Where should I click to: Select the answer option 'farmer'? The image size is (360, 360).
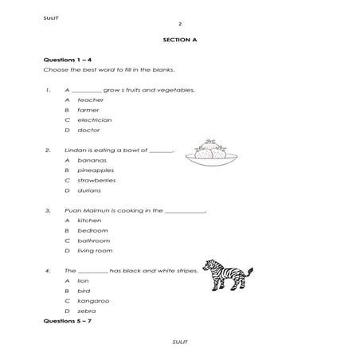(x=88, y=110)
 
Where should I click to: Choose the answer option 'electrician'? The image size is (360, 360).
(x=94, y=119)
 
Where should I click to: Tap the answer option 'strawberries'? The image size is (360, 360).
(x=96, y=180)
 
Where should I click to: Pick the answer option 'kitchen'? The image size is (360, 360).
(x=88, y=220)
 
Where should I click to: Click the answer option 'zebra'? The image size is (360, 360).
(x=87, y=311)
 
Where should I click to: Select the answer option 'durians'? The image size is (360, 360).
(x=88, y=190)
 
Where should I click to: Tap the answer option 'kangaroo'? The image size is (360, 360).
(x=93, y=300)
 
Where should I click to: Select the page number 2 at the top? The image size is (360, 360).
(x=179, y=24)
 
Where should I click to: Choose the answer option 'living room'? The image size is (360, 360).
(x=94, y=250)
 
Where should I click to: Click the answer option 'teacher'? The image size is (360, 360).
(x=90, y=100)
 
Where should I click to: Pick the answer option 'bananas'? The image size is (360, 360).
(x=92, y=160)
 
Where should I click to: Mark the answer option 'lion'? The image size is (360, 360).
(x=84, y=280)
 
